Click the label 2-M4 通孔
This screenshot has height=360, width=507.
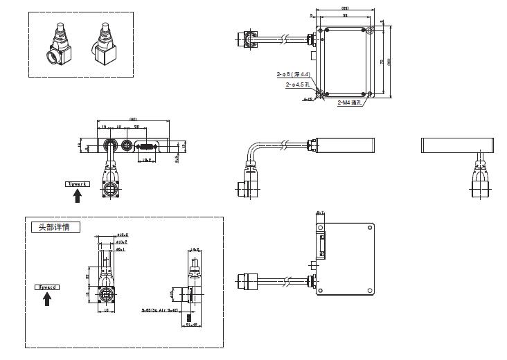tap(350, 102)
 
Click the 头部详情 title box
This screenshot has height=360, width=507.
tap(55, 227)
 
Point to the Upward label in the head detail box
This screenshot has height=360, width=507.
tap(46, 286)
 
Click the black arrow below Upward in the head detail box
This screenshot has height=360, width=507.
tap(46, 298)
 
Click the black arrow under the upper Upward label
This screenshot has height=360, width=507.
tap(78, 196)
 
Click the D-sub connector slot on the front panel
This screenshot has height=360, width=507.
tap(146, 146)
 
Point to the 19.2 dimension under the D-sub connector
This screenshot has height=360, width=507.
tap(147, 160)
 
